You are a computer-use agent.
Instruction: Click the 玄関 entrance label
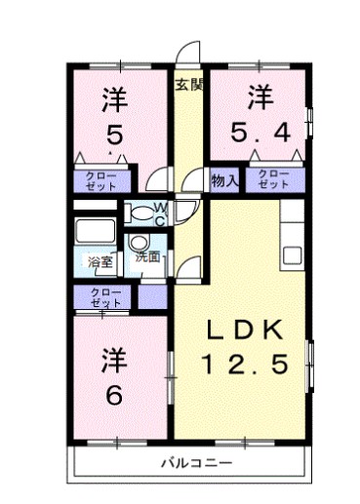[189, 85]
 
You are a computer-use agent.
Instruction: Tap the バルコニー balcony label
[197, 462]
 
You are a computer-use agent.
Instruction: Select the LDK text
[245, 330]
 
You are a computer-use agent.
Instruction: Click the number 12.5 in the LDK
[245, 364]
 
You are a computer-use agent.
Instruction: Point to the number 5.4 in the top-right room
[260, 133]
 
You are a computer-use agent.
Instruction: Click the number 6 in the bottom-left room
[115, 395]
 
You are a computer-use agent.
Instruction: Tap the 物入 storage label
[224, 180]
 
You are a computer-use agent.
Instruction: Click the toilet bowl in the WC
[140, 213]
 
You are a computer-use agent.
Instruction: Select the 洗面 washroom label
[148, 257]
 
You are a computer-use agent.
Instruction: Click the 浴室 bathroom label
[100, 262]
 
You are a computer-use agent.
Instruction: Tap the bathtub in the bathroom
[95, 231]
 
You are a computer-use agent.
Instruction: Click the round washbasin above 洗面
[139, 243]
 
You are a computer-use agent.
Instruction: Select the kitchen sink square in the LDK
[292, 255]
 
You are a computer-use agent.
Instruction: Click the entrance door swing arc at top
[186, 48]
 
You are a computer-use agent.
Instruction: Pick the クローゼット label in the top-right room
[273, 179]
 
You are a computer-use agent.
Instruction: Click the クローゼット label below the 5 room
[100, 181]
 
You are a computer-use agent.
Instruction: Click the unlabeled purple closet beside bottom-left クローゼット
[152, 296]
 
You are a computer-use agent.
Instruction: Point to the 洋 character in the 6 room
[114, 360]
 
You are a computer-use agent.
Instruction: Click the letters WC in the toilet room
[161, 214]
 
